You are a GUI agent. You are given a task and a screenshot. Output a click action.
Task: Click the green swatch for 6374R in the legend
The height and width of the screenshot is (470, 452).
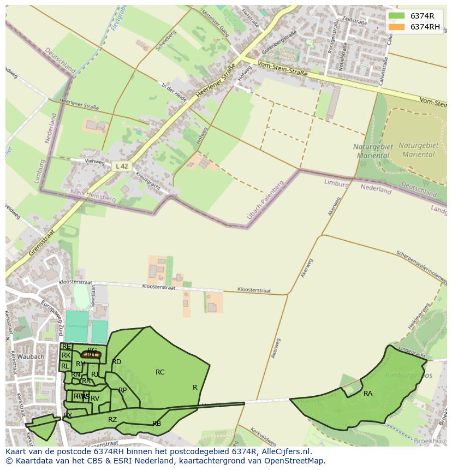pyautogui.click(x=397, y=16)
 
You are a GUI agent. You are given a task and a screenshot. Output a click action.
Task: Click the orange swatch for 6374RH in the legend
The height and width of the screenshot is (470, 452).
pyautogui.click(x=397, y=27)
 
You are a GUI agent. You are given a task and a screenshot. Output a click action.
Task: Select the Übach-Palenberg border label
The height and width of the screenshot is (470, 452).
pyautogui.click(x=266, y=200)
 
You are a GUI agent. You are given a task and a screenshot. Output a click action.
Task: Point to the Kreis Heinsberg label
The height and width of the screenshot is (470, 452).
pyautogui.click(x=93, y=195)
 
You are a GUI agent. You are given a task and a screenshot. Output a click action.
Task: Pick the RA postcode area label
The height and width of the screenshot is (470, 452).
pyautogui.click(x=368, y=394)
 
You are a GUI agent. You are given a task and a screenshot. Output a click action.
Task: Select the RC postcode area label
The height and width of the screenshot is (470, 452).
pyautogui.click(x=160, y=372)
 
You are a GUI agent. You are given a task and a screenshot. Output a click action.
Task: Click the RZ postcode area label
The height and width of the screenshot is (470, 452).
pyautogui.click(x=112, y=420)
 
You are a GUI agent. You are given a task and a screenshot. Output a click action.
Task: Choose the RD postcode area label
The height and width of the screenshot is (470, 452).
pyautogui.click(x=117, y=362)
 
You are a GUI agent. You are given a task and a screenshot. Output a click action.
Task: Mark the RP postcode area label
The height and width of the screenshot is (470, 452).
pyautogui.click(x=123, y=390)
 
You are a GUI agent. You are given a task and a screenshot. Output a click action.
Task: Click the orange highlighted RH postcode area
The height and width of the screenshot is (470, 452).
pyautogui.click(x=91, y=355)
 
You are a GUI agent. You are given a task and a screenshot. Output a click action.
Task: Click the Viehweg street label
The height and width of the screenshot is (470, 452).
pyautogui.click(x=94, y=162)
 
